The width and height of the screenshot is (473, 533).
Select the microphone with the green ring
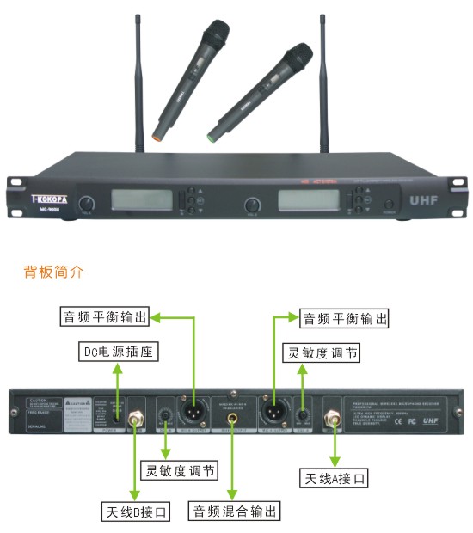[249, 89]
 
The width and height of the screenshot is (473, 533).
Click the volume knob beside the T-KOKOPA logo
[86, 204]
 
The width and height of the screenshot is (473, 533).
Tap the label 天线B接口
[135, 512]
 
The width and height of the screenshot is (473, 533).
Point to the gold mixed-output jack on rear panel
[230, 420]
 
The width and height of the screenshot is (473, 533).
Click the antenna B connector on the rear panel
[134, 420]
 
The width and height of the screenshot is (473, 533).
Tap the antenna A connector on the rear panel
[331, 420]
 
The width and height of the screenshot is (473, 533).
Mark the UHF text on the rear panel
[443, 421]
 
